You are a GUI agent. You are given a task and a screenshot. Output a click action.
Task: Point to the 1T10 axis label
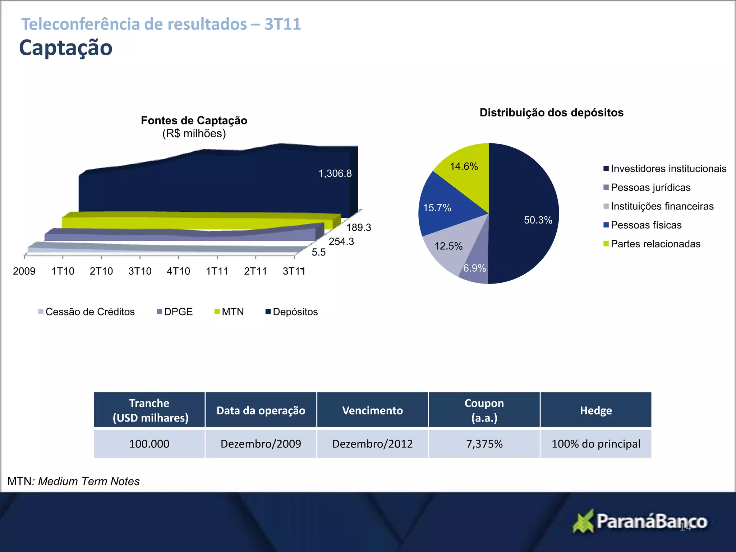coord(63,271)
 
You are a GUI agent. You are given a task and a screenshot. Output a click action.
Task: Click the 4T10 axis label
coord(178,271)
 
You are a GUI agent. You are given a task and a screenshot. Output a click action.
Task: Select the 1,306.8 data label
coord(335,174)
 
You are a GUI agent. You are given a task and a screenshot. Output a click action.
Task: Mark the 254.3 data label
coord(341,241)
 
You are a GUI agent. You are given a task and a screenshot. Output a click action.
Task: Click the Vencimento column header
coord(372,410)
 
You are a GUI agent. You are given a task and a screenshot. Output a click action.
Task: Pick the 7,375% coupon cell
coord(484,444)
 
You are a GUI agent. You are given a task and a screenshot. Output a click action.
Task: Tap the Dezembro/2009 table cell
coord(261,444)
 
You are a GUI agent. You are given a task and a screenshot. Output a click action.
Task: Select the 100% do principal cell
coord(596,444)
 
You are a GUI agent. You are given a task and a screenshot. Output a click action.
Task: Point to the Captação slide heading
coord(66,48)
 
